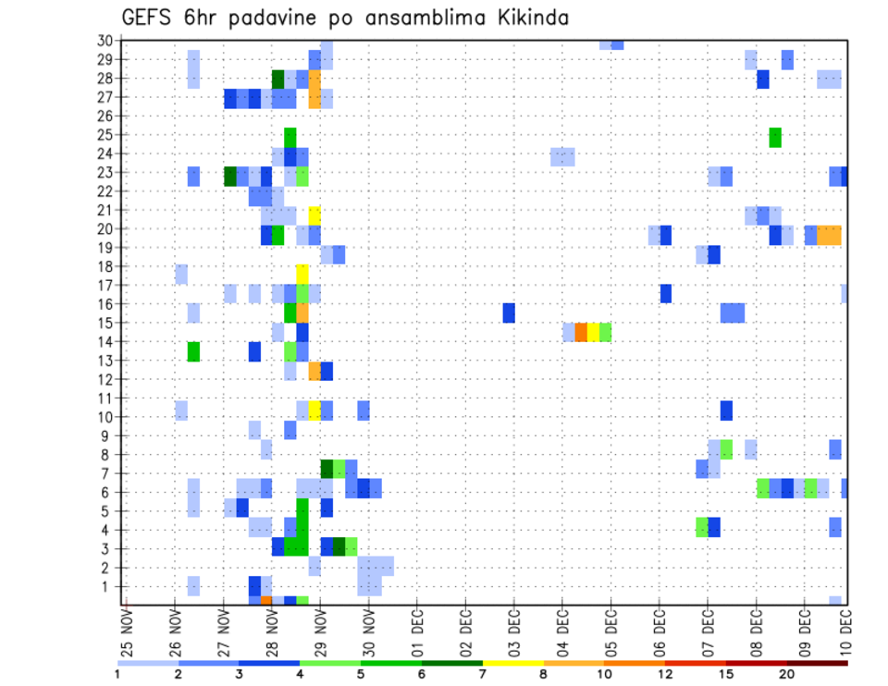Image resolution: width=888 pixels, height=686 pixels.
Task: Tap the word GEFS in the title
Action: point(149,18)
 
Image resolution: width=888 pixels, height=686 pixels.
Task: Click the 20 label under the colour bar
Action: point(787,674)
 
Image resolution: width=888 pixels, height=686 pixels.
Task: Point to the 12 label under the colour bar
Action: point(665,674)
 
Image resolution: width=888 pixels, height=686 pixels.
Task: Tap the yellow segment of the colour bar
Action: point(512,663)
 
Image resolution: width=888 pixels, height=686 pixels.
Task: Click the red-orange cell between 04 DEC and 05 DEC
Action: point(581,332)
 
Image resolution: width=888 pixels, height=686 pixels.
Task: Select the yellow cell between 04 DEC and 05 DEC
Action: point(593,332)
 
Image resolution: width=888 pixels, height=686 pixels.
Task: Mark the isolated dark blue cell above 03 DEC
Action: point(509,312)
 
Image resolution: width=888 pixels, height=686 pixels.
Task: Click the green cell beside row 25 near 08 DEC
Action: point(775,137)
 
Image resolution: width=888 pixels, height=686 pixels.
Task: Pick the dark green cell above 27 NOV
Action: point(230,175)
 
